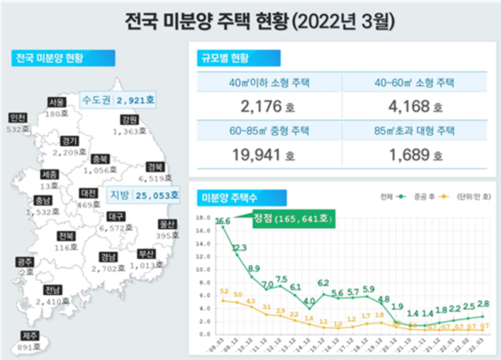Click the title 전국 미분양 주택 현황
[x=250, y=18]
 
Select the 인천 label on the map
[x=16, y=118]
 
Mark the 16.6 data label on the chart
[x=222, y=221]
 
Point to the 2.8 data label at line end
[x=483, y=303]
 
